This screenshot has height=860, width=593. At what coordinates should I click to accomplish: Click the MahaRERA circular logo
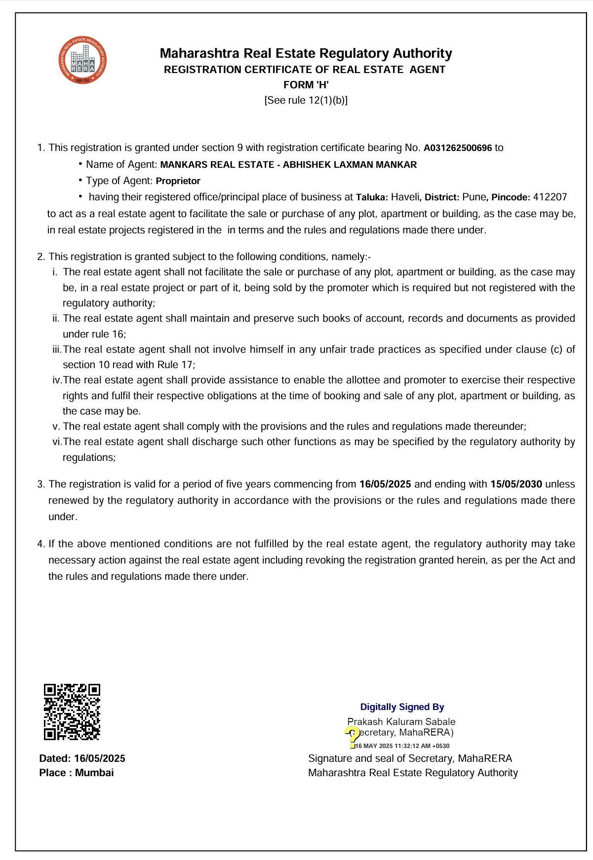[x=82, y=60]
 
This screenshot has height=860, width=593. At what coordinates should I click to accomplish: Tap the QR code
[x=72, y=711]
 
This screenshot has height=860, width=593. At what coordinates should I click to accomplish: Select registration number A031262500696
[x=458, y=148]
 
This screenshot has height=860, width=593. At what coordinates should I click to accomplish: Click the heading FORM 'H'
[x=306, y=85]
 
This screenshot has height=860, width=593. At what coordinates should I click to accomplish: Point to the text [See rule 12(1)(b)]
[x=306, y=100]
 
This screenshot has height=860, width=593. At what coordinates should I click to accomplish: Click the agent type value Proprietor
[x=178, y=181]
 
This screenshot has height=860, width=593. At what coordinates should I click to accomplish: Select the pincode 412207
[x=550, y=197]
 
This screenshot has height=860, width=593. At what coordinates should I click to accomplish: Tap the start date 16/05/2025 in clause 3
[x=385, y=484]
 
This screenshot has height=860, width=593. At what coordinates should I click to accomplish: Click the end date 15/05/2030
[x=516, y=484]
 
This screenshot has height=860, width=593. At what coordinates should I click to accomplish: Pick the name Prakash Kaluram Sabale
[x=401, y=721]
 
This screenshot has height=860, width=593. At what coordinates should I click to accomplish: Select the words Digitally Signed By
[x=402, y=707]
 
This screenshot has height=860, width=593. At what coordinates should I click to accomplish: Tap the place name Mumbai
[x=94, y=773]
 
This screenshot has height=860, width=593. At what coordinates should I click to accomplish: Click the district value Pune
[x=474, y=197]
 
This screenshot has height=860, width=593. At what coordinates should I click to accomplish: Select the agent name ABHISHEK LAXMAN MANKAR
[x=350, y=165]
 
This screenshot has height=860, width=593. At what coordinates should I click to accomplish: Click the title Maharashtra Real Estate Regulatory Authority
[x=306, y=53]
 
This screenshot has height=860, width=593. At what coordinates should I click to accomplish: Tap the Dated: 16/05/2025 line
[x=82, y=758]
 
